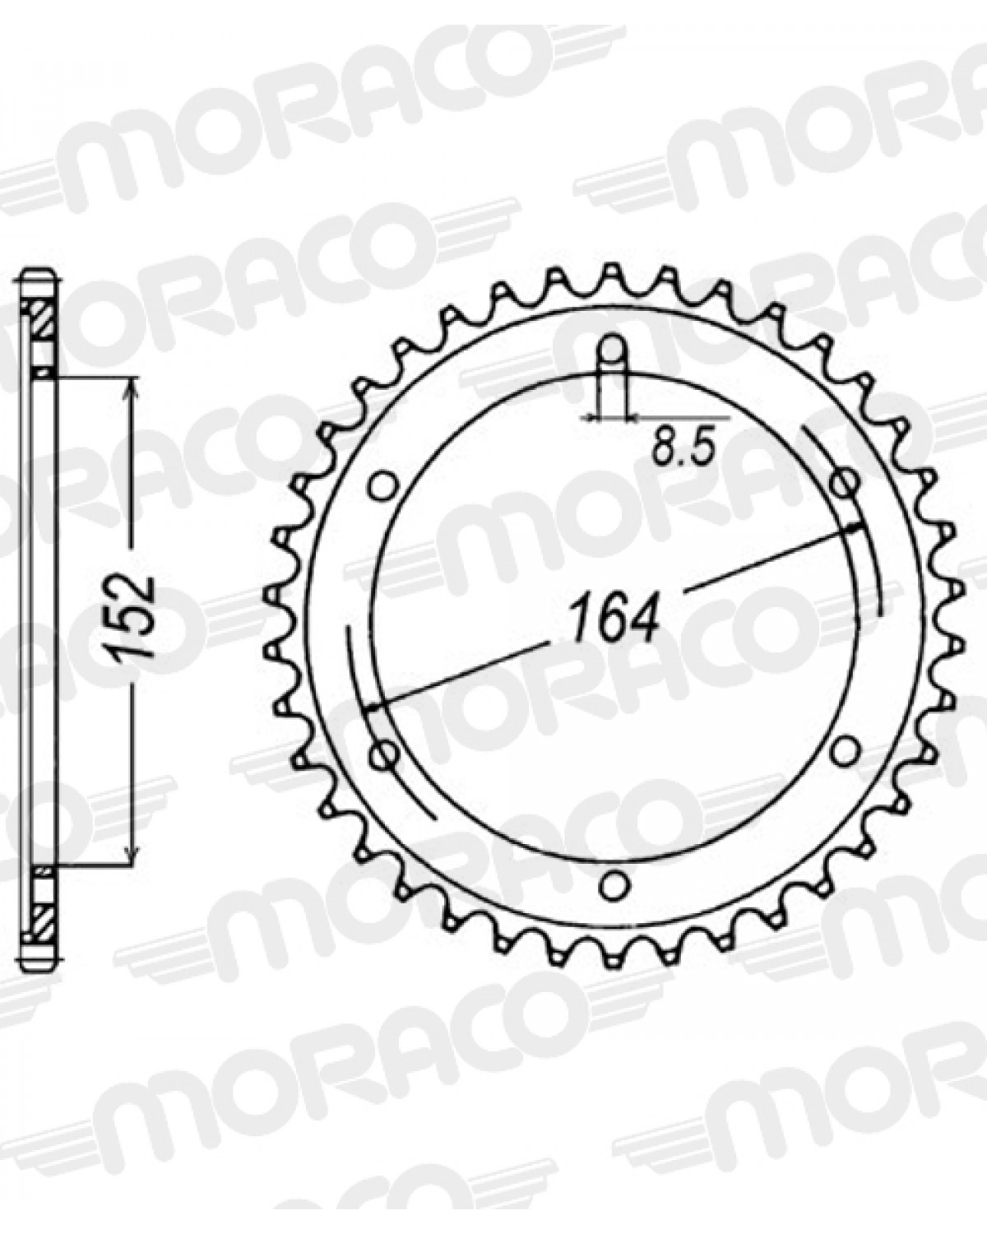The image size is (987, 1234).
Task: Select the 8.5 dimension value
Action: click(683, 449)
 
